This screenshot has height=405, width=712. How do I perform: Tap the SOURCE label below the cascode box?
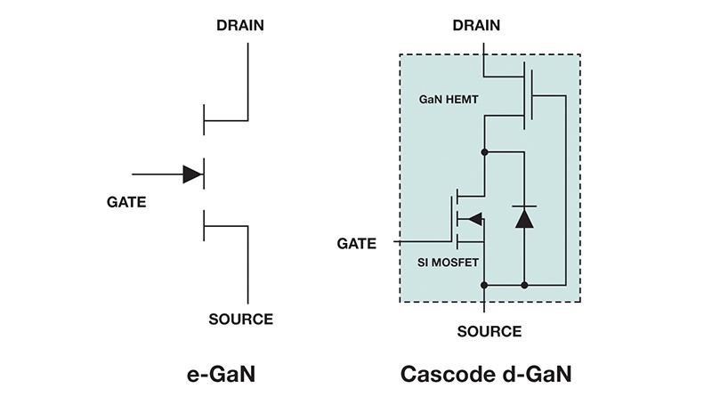coord(489,332)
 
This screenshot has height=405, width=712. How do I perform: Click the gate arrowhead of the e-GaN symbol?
coord(192,174)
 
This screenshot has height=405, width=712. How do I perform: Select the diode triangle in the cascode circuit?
coord(525,217)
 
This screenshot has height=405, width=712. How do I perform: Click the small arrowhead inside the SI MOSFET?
coord(474,219)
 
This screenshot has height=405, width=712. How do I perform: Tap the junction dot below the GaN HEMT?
coord(484,152)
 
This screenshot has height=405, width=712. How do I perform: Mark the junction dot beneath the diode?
coord(525,285)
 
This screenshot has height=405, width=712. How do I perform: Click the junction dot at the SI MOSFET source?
coord(484,285)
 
